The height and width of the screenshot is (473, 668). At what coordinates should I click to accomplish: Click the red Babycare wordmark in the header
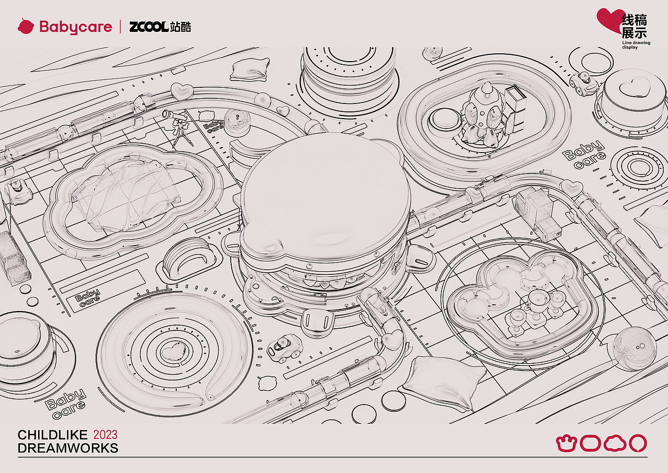coord(76,27)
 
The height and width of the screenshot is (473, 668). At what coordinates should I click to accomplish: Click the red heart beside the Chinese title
coord(609,21)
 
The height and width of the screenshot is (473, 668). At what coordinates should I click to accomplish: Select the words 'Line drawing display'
coord(636,45)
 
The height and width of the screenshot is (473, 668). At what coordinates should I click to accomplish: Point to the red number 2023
coord(105,435)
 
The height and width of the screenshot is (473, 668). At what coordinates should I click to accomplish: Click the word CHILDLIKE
coord(53,435)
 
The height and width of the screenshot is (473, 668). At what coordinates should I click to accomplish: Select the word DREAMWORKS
coord(68,448)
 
